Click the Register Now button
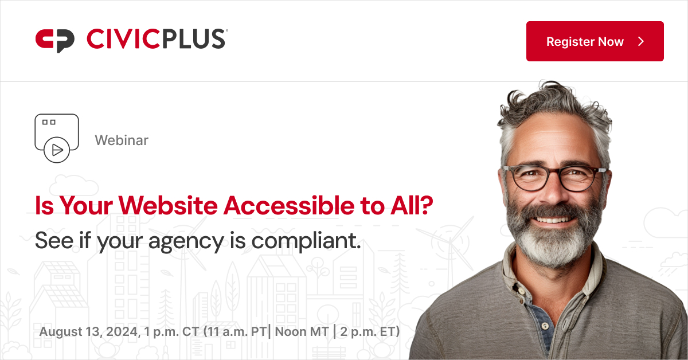[595, 41]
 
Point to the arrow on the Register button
[642, 41]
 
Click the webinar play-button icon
[56, 150]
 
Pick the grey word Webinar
[122, 140]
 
